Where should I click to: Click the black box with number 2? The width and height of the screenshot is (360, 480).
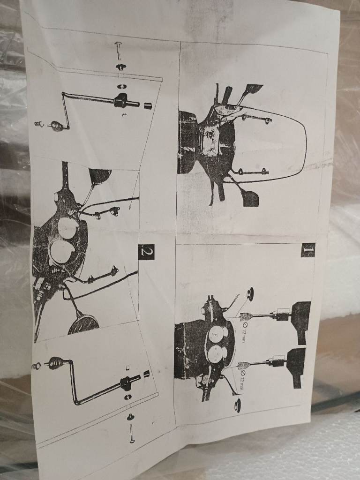(146, 252)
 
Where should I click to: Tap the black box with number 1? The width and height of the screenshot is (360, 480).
(307, 250)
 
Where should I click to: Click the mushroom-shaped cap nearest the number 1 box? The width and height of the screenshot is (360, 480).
(250, 294)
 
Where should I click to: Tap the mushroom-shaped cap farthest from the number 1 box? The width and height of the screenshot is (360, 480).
(238, 405)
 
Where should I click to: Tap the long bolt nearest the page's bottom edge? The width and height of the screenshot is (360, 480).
(132, 434)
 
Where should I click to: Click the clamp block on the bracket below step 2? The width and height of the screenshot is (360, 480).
(126, 383)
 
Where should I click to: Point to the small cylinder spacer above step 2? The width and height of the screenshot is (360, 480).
(148, 106)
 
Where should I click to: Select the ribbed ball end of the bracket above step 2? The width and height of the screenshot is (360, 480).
(57, 126)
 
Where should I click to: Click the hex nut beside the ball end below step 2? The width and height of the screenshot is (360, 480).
(36, 366)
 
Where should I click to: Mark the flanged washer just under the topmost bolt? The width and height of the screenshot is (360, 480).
(121, 67)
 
